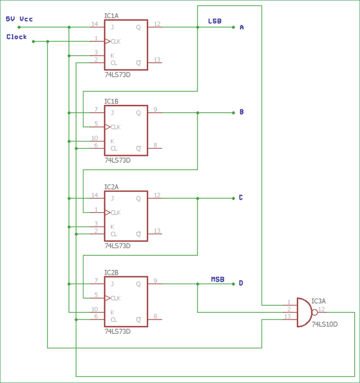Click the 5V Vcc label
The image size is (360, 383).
19,19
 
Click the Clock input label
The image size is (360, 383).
17,37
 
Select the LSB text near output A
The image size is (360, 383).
214,21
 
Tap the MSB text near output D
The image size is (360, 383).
217,279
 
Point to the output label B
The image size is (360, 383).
241,112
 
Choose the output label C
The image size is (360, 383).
241,198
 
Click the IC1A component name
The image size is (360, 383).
112,16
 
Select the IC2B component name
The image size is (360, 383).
112,273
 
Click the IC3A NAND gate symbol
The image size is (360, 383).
304,313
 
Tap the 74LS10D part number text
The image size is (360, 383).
325,324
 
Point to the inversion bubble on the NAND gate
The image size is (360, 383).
314,313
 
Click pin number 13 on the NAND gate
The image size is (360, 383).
288,316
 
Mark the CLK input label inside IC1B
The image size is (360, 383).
115,127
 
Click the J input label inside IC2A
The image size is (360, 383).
112,198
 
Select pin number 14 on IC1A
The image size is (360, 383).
94,24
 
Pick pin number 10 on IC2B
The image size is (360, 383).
94,309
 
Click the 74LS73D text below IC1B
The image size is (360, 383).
118,160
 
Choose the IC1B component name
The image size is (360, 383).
112,102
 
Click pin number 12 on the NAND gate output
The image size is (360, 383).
322,309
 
